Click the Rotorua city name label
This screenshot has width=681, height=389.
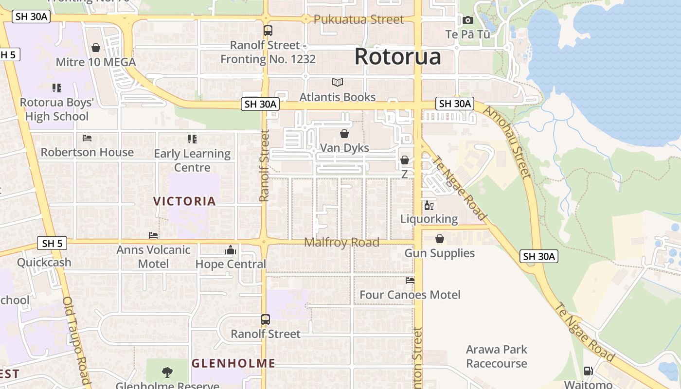397,56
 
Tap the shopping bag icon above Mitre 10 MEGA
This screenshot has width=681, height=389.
96,48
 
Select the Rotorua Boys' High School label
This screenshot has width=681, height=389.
57,109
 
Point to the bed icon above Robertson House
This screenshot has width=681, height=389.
87,138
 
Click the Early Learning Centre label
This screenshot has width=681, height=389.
192,160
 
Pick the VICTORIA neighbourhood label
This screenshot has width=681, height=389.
184,201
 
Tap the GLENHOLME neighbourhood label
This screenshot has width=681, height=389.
233,363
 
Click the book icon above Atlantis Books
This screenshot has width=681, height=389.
337,83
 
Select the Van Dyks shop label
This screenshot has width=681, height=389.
344,148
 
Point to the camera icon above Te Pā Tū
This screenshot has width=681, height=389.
468,20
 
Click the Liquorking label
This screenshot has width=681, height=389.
429,219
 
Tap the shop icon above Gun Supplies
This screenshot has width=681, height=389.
440,239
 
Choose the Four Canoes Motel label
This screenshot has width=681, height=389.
410,295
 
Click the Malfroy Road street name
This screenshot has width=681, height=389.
341,242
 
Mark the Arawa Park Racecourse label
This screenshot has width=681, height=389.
496,356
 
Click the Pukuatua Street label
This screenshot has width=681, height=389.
358,19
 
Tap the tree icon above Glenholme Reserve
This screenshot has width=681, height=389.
167,372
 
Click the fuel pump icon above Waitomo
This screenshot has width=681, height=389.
588,371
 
